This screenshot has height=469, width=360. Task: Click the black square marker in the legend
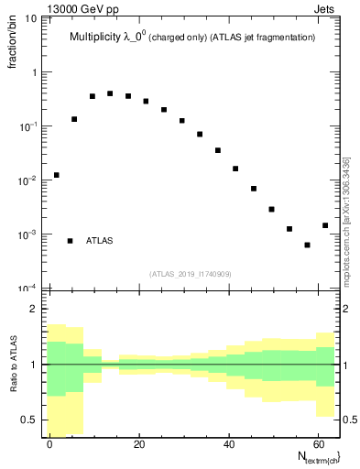click(70, 241)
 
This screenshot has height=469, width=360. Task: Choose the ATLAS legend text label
click(100, 241)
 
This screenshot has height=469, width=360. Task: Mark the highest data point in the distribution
click(110, 93)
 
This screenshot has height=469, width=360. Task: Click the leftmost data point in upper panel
click(57, 175)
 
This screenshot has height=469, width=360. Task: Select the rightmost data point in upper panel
click(325, 225)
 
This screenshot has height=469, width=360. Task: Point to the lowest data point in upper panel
click(308, 245)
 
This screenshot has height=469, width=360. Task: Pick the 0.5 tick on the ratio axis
click(31, 420)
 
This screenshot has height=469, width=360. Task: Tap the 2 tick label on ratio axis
click(36, 310)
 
